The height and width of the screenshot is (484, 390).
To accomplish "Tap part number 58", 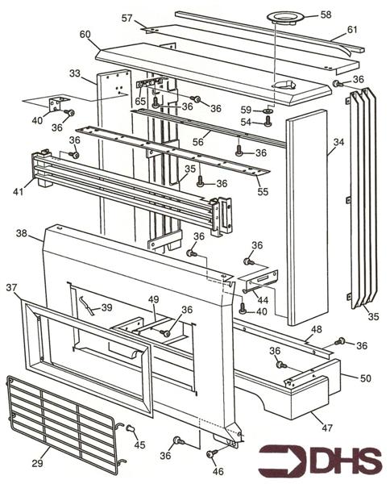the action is pyautogui.click(x=326, y=15).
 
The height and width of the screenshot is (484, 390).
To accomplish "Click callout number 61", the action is pyautogui.click(x=352, y=29).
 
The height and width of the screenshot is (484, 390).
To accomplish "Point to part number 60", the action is pyautogui.click(x=85, y=34).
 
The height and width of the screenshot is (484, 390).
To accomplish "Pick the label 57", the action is pyautogui.click(x=127, y=19).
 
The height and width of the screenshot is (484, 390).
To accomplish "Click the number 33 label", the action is pyautogui.click(x=75, y=73).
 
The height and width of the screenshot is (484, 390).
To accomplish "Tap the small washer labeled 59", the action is pyautogui.click(x=268, y=111).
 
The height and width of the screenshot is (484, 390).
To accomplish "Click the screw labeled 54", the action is pyautogui.click(x=268, y=121).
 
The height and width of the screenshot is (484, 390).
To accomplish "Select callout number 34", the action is pyautogui.click(x=338, y=142).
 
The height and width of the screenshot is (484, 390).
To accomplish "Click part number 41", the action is pyautogui.click(x=19, y=191).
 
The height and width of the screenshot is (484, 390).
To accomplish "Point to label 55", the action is pyautogui.click(x=263, y=192).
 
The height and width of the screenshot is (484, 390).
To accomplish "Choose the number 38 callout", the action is pyautogui.click(x=22, y=234).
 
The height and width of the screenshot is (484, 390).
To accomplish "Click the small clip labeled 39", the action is pyautogui.click(x=86, y=306).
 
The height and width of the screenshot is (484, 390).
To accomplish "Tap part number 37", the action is pyautogui.click(x=12, y=288).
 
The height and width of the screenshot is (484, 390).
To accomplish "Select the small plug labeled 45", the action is pyautogui.click(x=131, y=428).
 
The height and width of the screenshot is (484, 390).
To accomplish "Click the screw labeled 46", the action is pyautogui.click(x=212, y=453).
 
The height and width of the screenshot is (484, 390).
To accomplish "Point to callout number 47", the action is pyautogui.click(x=327, y=428).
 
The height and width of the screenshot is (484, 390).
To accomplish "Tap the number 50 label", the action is pyautogui.click(x=366, y=378).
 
